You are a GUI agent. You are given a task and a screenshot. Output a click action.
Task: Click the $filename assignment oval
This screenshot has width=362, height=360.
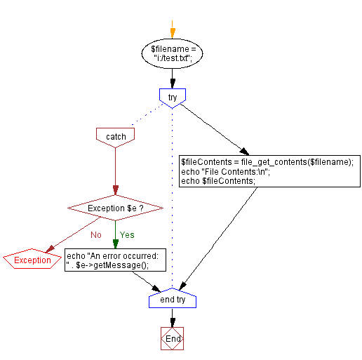[x=172, y=55]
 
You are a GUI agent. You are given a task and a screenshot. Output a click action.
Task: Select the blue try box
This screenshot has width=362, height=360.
[x=172, y=97]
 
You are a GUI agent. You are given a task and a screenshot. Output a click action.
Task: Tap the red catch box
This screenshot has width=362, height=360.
[x=115, y=135]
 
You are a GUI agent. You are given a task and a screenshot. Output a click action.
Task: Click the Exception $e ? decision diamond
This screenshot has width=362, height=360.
[x=115, y=208]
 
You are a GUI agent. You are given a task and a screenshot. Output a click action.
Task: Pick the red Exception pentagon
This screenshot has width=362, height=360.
[x=32, y=260]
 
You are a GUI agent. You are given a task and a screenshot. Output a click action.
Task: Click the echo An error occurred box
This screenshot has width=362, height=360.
[x=115, y=260]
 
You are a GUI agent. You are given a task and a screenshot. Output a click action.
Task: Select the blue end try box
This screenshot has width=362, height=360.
[x=172, y=300]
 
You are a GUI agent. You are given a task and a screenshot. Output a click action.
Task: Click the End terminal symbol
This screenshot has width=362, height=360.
[x=172, y=338]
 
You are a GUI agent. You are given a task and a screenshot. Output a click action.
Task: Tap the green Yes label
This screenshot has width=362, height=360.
[x=127, y=234]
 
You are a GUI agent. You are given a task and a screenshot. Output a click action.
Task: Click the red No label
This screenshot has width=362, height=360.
[x=97, y=234]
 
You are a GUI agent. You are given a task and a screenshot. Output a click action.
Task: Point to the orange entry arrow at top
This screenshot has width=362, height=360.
[x=172, y=32]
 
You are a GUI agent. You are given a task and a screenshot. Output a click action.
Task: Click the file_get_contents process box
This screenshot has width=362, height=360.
[x=267, y=171]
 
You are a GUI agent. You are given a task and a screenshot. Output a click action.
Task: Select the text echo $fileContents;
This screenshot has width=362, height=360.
[x=218, y=181]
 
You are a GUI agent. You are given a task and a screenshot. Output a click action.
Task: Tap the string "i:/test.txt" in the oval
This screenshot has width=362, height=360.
[x=172, y=60]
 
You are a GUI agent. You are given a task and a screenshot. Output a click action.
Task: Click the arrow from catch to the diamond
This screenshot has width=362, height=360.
[x=115, y=172]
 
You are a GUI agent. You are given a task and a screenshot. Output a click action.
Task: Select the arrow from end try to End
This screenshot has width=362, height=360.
[x=172, y=318]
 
